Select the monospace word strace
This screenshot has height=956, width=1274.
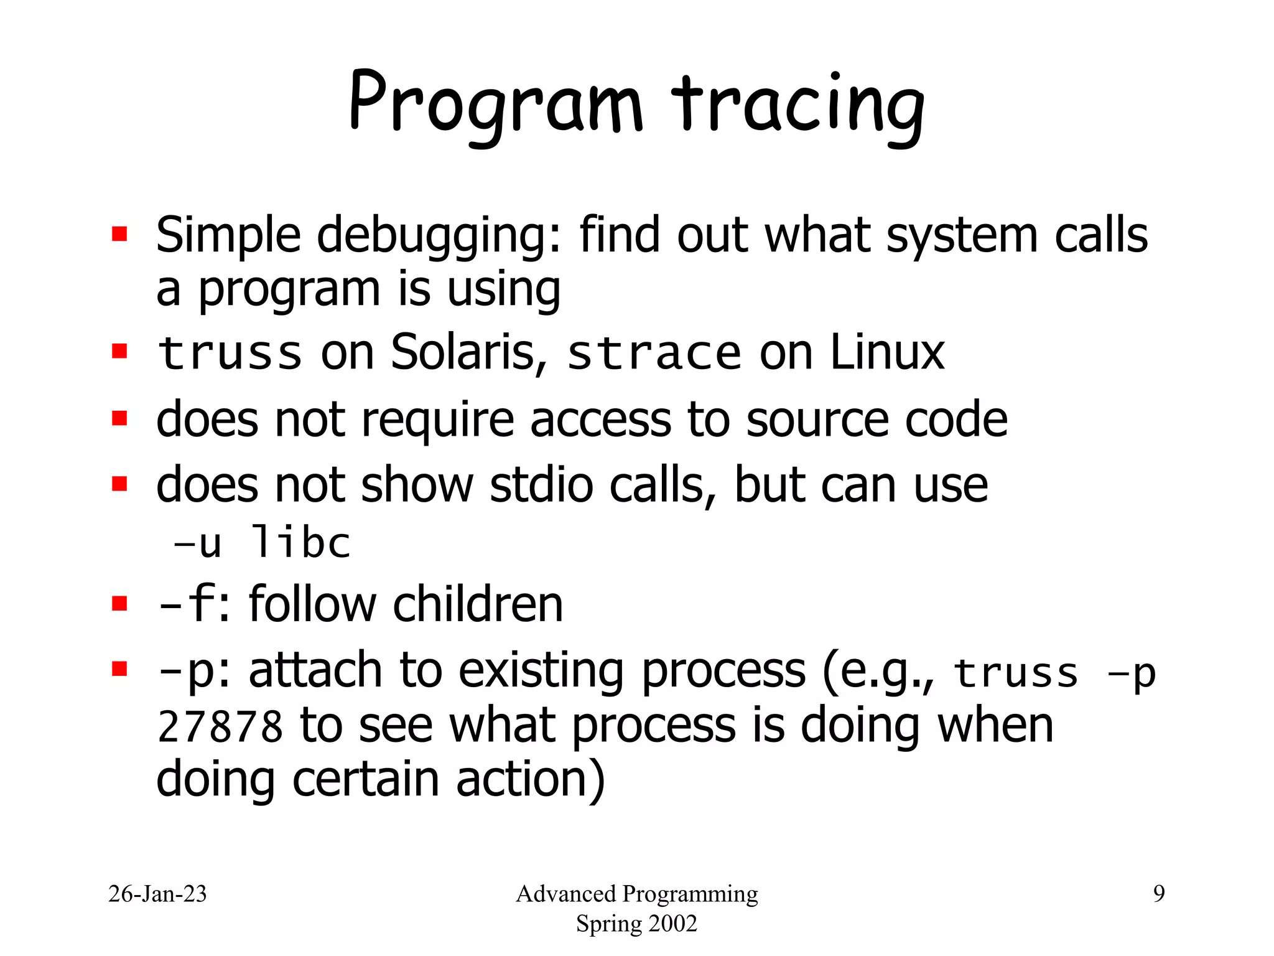[654, 354]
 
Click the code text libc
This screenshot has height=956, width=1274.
[300, 543]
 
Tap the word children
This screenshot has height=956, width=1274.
[478, 604]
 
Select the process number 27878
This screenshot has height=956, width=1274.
[220, 727]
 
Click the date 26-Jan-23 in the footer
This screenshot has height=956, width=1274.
[157, 894]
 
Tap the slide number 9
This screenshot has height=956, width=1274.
[1158, 894]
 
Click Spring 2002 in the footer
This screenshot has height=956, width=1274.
[636, 924]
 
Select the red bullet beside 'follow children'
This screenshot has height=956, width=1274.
[119, 604]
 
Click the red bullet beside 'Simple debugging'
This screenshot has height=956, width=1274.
[119, 234]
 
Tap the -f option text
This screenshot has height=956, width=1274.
[187, 604]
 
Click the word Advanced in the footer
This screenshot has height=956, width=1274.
[565, 894]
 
